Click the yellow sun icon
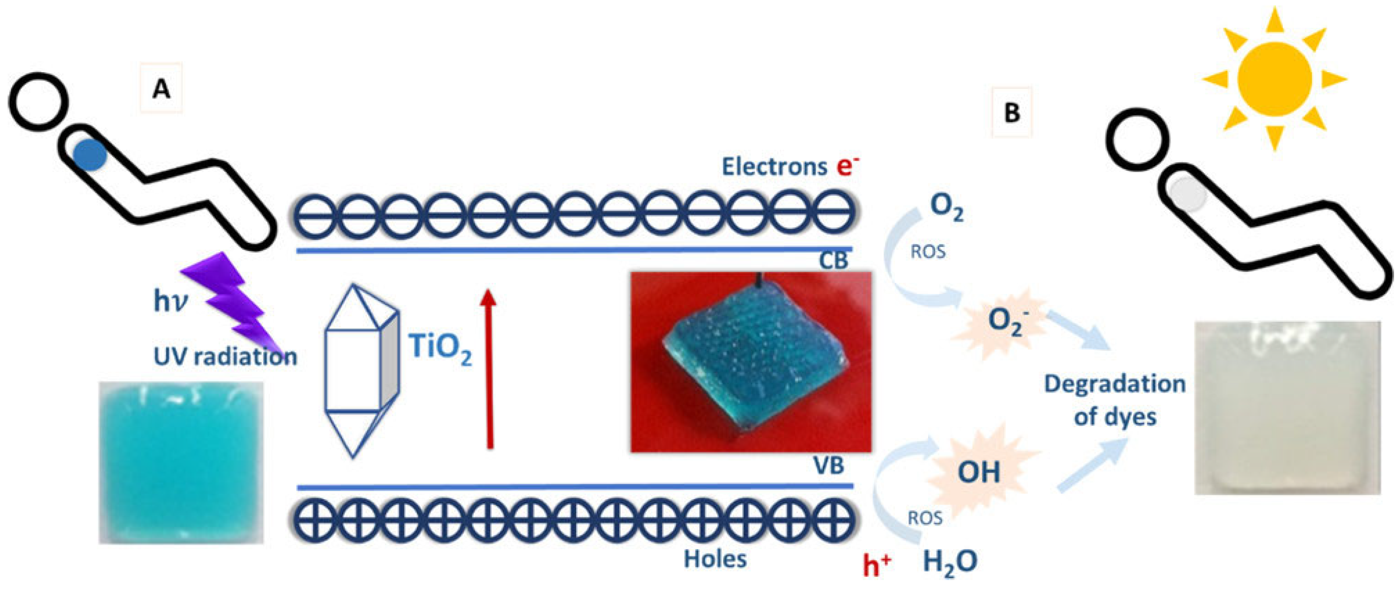pyautogui.click(x=1274, y=80)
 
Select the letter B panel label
pyautogui.click(x=1012, y=113)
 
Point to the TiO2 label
pyautogui.click(x=440, y=348)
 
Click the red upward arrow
pyautogui.click(x=489, y=369)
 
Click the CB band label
pyautogui.click(x=833, y=261)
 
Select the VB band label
pyautogui.click(x=828, y=466)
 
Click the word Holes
pyautogui.click(x=715, y=559)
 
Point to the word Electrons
pyautogui.click(x=774, y=167)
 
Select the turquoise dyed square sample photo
pyautogui.click(x=181, y=463)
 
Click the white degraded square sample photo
pyautogui.click(x=1287, y=408)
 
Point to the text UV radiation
pyautogui.click(x=225, y=357)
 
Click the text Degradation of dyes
pyautogui.click(x=1115, y=400)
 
